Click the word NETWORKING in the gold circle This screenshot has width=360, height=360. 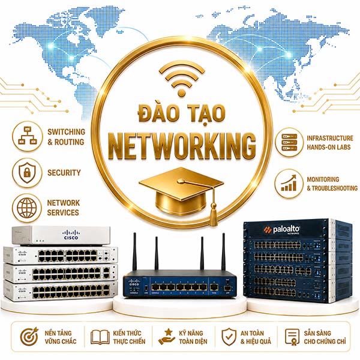pos(182,147)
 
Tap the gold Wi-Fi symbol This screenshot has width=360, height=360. pos(182,79)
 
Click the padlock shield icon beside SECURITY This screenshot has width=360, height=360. pos(27,173)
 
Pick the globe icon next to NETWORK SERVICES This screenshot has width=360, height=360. pos(27,208)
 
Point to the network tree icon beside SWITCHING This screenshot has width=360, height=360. pos(28,136)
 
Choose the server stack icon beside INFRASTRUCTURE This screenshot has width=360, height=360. pos(289,142)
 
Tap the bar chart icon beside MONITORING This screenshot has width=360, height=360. pos(289,183)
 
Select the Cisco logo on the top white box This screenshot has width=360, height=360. pos(71,235)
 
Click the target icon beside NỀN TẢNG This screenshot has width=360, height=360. pos(29,337)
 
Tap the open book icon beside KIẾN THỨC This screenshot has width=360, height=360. pos(100,337)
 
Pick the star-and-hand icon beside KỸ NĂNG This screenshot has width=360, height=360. pos(166,337)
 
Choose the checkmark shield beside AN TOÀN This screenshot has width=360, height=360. pos(229,337)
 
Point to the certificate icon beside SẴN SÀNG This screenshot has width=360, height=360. pos(292,337)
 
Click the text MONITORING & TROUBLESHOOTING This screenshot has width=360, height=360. pos(332,184)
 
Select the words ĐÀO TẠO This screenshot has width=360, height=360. pos(182,113)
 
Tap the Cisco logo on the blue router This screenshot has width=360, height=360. pos(134,283)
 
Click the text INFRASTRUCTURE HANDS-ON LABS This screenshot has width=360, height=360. pos(329,143)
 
